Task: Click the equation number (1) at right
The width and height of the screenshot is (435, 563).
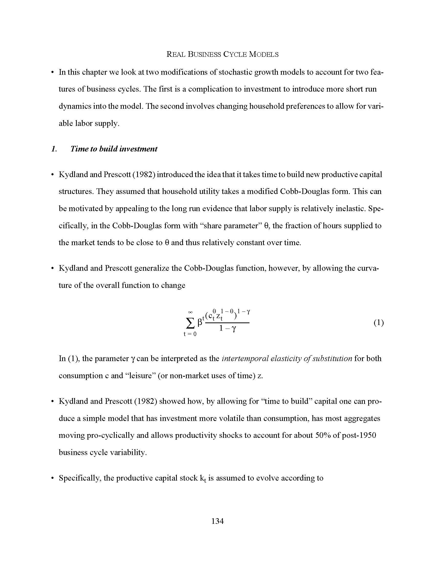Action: [x=378, y=323]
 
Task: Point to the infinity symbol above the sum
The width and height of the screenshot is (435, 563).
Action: [x=190, y=312]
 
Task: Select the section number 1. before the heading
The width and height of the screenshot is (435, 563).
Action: [x=54, y=149]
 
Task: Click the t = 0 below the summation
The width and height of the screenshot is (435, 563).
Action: [x=190, y=334]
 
